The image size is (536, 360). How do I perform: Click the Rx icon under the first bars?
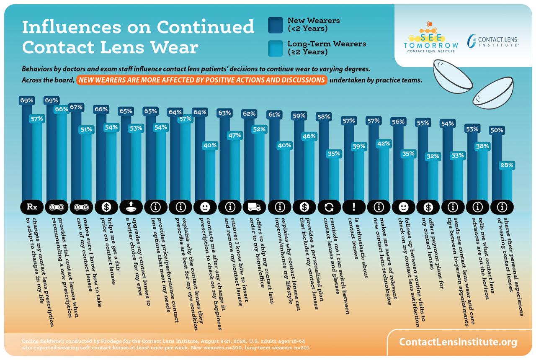[32, 207]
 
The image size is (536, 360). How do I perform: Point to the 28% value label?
[507, 165]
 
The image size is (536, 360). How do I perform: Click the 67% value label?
[76, 107]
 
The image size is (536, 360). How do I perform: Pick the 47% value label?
[234, 135]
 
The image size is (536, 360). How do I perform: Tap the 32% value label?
[433, 157]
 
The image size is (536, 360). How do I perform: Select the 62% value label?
[250, 113]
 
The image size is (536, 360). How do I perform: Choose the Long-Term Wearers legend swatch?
[276, 48]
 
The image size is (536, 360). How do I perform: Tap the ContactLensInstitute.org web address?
[458, 342]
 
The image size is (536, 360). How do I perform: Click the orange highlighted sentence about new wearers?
[201, 80]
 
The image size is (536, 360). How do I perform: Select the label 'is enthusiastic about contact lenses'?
[358, 247]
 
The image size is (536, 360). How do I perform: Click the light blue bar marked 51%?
[86, 167]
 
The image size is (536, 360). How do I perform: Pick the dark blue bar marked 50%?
[497, 167]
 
